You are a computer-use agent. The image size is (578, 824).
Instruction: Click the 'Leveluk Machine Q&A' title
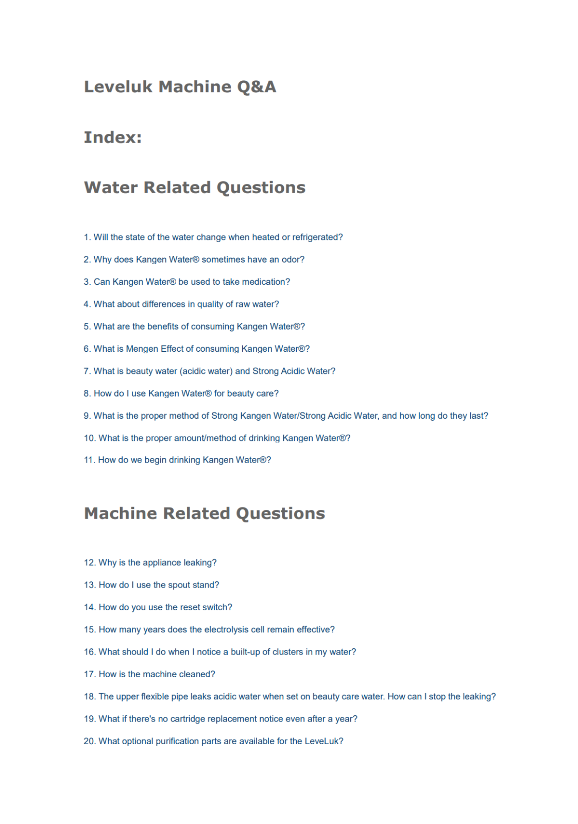point(180,87)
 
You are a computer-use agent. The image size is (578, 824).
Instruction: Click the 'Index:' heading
point(112,137)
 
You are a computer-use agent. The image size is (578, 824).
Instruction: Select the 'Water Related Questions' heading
point(194,187)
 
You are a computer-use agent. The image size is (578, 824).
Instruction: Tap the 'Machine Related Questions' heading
point(204,513)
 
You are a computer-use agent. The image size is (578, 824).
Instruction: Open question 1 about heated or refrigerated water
point(213,237)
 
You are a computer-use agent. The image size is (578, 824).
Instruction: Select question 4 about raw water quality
point(181,304)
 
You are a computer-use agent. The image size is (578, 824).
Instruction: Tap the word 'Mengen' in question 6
point(142,349)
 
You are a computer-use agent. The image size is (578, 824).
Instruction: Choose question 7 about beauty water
point(209,371)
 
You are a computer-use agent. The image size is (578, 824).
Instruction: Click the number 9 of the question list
point(87,416)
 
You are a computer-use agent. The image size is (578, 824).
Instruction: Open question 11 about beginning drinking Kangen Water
point(177,460)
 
